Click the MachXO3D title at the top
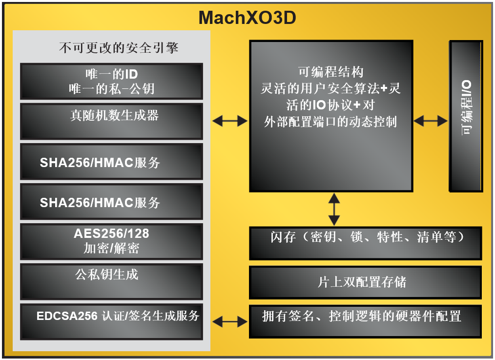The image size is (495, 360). click(x=247, y=18)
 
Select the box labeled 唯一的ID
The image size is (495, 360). click(x=111, y=81)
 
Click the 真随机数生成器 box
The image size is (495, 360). click(x=111, y=121)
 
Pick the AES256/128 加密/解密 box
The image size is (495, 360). click(x=111, y=241)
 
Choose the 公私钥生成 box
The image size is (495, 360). click(x=111, y=281)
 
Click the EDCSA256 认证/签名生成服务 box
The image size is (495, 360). click(x=111, y=321)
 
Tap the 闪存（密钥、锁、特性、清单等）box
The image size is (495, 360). click(x=365, y=243)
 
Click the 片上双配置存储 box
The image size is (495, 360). click(x=365, y=282)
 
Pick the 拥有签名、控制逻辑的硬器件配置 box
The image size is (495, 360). click(x=365, y=321)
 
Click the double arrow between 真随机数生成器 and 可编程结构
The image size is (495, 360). click(x=230, y=121)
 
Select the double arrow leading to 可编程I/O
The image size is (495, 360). click(x=431, y=121)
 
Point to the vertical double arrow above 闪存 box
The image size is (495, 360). click(x=334, y=209)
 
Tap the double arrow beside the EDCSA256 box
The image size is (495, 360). click(x=230, y=321)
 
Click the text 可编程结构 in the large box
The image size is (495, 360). click(x=331, y=72)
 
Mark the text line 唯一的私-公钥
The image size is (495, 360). click(x=112, y=89)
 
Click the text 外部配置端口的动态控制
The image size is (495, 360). click(x=330, y=122)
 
